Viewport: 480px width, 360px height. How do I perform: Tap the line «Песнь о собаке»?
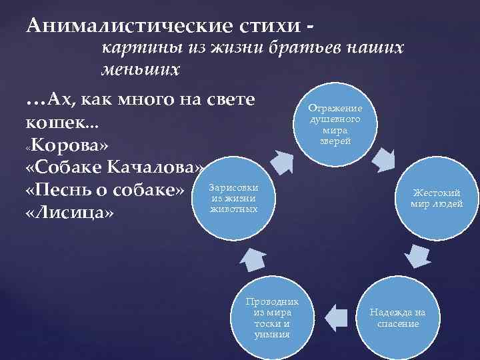click(104, 190)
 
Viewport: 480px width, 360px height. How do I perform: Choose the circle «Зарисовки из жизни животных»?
click(234, 197)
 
